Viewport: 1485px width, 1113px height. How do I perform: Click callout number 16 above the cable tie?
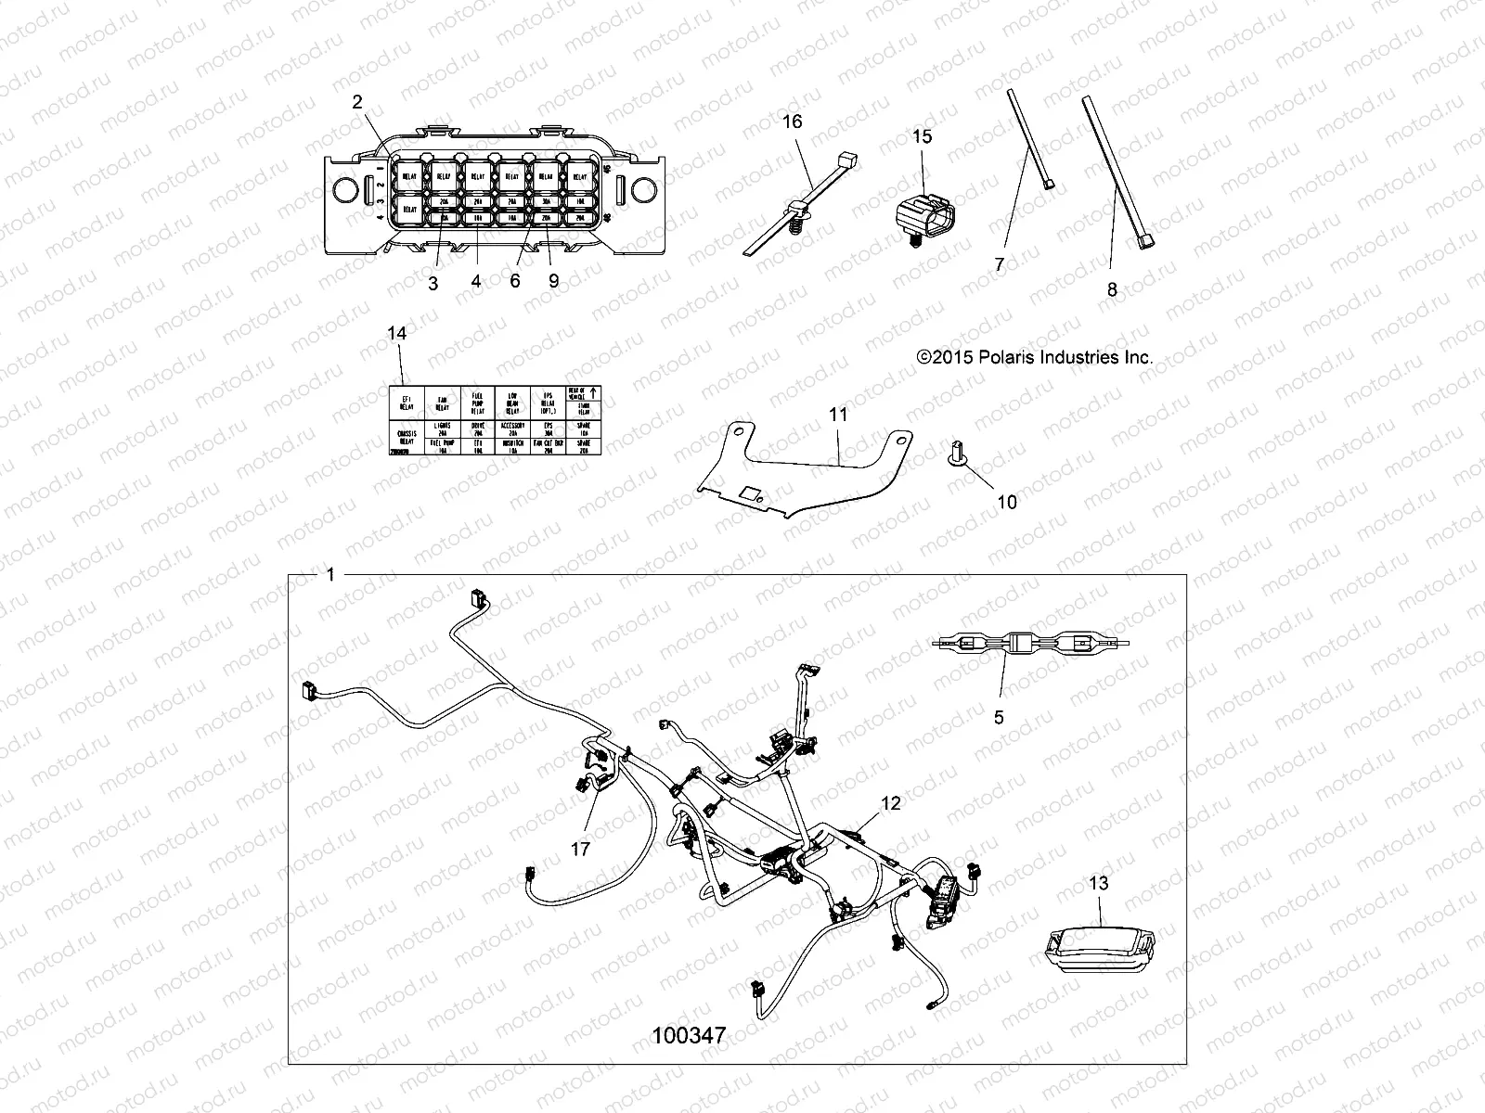click(792, 122)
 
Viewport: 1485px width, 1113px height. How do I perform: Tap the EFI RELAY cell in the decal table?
click(406, 403)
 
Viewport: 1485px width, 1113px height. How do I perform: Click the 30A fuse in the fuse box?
click(546, 200)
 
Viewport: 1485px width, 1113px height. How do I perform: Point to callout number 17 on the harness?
click(581, 849)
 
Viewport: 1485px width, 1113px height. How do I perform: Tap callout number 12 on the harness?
click(890, 803)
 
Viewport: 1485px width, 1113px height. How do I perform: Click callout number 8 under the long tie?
click(1112, 289)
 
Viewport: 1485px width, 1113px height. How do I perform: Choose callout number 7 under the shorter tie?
click(1000, 264)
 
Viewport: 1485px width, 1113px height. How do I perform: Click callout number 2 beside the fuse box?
click(357, 103)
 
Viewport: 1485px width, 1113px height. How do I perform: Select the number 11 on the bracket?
click(838, 415)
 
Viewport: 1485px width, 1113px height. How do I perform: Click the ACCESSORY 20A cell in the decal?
click(513, 429)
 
